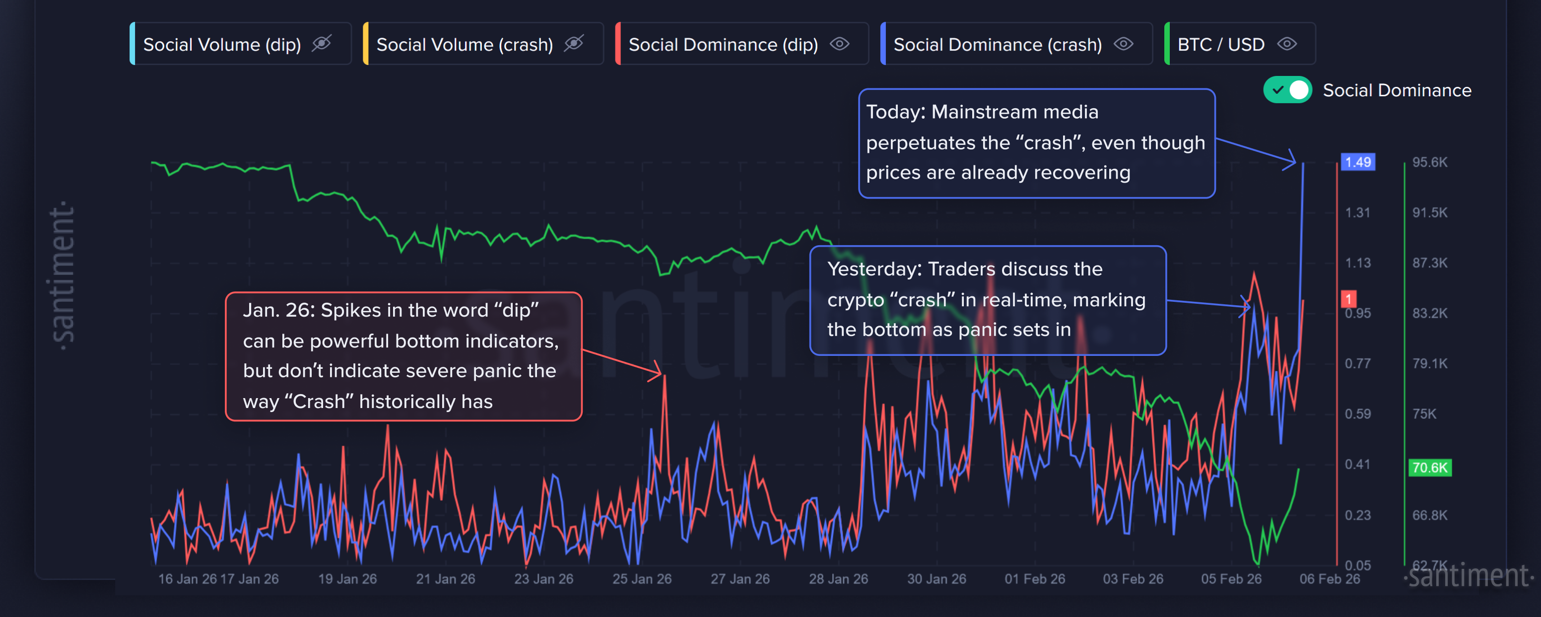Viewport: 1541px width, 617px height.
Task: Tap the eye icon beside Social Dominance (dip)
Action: tap(839, 44)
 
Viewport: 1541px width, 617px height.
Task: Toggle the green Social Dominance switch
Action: tap(1287, 90)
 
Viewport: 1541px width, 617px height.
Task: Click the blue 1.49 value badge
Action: tap(1357, 162)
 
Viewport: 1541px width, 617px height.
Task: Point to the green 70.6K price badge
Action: tap(1429, 468)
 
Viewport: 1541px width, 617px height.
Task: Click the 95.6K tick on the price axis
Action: tap(1429, 162)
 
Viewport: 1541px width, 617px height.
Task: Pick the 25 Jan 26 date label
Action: tap(641, 579)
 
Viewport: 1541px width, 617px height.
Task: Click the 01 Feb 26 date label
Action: tap(1034, 579)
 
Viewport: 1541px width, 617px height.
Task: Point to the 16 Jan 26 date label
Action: tap(187, 579)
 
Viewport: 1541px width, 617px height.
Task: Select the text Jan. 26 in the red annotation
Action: tap(277, 310)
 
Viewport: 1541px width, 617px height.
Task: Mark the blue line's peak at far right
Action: tap(1303, 163)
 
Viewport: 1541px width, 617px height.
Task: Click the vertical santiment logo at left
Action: tap(63, 275)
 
